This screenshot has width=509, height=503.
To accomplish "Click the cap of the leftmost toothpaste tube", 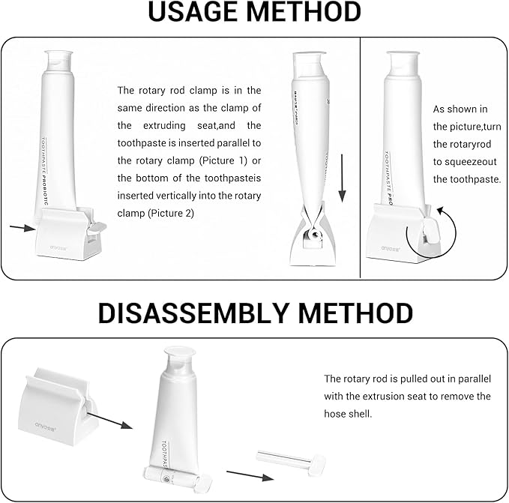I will pyautogui.click(x=57, y=61).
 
